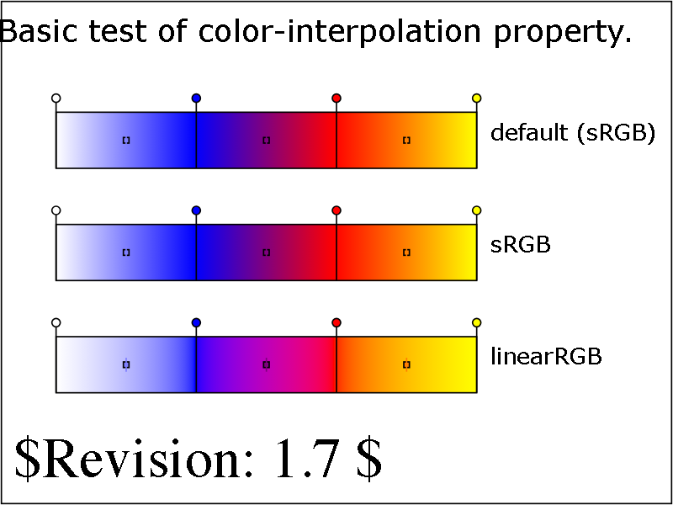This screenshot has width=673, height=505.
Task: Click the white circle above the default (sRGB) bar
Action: pos(56,98)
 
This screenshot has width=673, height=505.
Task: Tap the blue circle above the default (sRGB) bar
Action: pos(196,98)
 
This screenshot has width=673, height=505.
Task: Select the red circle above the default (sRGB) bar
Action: pos(336,98)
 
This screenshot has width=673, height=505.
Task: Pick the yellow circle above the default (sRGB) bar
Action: pos(476,98)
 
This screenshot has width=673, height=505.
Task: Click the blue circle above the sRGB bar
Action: pos(196,210)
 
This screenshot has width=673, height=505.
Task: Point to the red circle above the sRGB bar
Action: pos(336,210)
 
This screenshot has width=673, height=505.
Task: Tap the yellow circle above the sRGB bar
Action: pos(476,210)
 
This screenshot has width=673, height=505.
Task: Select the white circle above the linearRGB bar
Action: pos(56,322)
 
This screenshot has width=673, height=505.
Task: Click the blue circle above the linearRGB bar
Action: pos(196,322)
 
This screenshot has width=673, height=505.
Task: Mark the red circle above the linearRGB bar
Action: pos(336,322)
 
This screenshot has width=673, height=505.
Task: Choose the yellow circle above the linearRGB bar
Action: pos(476,322)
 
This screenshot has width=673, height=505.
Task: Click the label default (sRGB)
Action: pos(573,134)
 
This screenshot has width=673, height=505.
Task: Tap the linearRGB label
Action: pos(546,357)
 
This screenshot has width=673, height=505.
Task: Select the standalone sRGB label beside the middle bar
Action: pos(520,245)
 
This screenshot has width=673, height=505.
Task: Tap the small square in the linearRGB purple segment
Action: pos(266,364)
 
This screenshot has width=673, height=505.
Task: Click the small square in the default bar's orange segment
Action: pos(406,141)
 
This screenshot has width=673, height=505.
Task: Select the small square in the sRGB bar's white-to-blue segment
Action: pos(126,252)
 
